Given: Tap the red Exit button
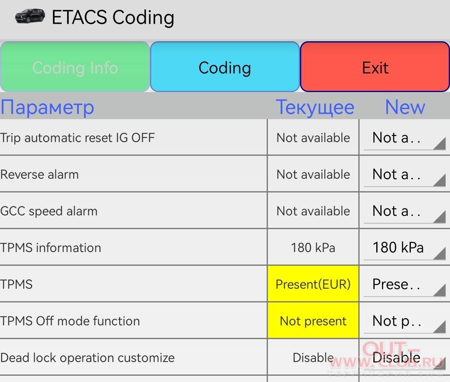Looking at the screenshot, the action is click(375, 67).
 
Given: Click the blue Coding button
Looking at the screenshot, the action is click(225, 67).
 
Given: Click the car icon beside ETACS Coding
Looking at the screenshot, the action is click(30, 16).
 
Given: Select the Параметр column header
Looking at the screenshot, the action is click(47, 107).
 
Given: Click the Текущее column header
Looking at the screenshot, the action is click(315, 107).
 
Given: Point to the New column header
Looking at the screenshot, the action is click(405, 107).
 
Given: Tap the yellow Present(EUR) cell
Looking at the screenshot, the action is click(313, 284).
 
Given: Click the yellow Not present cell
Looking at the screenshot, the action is click(313, 321).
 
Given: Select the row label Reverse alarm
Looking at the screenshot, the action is click(40, 175).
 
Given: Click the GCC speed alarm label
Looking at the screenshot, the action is click(49, 211).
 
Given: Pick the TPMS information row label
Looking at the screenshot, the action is click(51, 248).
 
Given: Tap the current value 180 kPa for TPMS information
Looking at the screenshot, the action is click(313, 248).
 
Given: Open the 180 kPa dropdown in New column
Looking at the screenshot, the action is click(405, 248).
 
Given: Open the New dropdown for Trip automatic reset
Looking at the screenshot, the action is click(405, 138).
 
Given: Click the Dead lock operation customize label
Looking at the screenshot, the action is click(87, 358).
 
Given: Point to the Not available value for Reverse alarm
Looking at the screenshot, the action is click(313, 175).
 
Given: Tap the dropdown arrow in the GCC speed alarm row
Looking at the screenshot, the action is click(440, 217).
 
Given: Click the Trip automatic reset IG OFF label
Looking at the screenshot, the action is click(77, 138).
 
